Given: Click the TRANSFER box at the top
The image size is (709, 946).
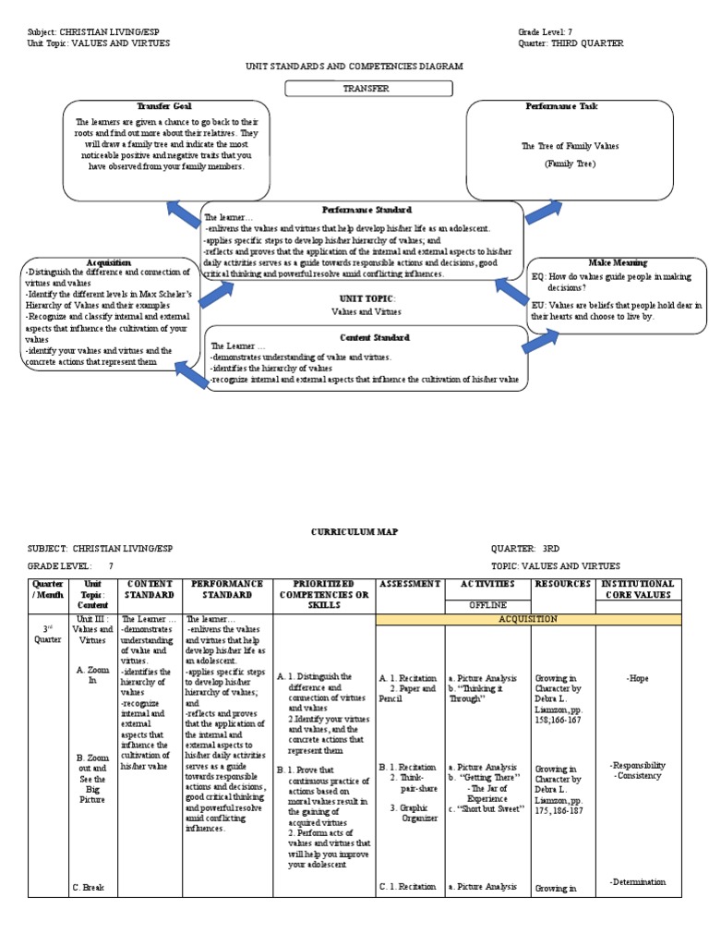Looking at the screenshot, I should [x=368, y=89].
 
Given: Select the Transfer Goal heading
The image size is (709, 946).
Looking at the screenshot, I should [x=163, y=106].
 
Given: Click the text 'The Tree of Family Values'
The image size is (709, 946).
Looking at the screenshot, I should [x=570, y=146].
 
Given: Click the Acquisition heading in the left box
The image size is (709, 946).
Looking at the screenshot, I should [x=109, y=262].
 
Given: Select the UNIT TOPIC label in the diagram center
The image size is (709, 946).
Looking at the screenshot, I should [x=367, y=299].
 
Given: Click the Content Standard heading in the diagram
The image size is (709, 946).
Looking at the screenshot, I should [x=374, y=338].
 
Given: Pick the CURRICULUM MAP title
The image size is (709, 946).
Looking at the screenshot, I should [x=354, y=533].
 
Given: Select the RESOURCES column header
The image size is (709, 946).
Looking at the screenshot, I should [x=563, y=584].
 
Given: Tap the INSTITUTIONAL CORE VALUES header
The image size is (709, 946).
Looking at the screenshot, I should [x=638, y=589].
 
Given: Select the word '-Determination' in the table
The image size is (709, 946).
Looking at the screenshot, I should [x=637, y=881].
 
